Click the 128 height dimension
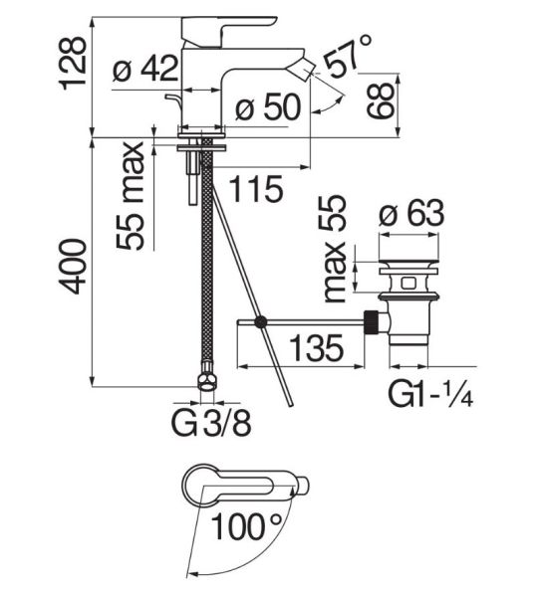[72, 63]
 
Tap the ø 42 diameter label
[145, 68]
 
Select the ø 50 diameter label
[268, 107]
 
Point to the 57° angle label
[348, 56]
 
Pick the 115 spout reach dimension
[257, 189]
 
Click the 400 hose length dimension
[72, 267]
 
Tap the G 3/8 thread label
[211, 423]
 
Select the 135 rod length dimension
[317, 347]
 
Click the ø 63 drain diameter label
[411, 213]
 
